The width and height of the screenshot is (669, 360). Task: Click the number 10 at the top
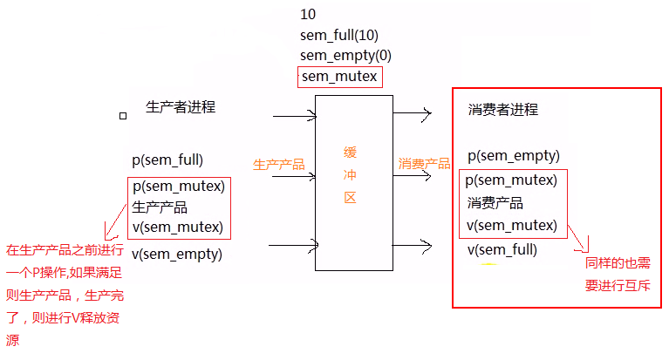(307, 15)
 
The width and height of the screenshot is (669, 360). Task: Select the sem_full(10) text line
(338, 36)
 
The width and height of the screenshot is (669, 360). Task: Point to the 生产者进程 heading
(181, 107)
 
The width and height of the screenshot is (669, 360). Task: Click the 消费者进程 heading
(503, 110)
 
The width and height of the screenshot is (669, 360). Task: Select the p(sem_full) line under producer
(167, 160)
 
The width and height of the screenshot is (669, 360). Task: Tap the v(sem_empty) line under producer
(177, 255)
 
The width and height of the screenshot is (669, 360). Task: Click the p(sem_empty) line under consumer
(513, 156)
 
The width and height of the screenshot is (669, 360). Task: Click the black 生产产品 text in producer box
(160, 207)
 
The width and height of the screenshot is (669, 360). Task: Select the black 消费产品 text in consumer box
(495, 203)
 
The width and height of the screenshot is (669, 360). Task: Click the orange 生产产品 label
(279, 164)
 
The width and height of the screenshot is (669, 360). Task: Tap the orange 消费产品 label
(424, 163)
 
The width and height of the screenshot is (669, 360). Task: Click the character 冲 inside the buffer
(351, 174)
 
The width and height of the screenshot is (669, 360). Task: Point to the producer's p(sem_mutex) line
(178, 186)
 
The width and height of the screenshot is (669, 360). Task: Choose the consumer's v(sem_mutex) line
(511, 226)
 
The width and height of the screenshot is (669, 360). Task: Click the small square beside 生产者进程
(123, 115)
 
